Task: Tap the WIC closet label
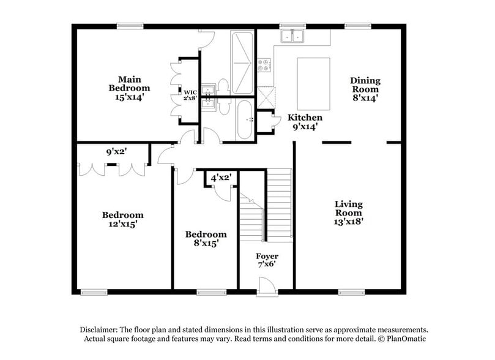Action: [190, 95]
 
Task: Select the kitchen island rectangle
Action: [313, 83]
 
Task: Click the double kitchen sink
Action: [292, 37]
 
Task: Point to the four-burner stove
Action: [264, 64]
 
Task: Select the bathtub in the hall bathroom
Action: [244, 119]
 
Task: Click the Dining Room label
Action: [365, 88]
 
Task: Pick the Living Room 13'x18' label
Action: [348, 212]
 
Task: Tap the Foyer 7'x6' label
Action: [267, 261]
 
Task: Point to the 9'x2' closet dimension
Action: [116, 151]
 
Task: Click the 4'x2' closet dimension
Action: [221, 178]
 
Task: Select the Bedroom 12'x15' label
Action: [122, 219]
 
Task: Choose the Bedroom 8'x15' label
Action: [206, 238]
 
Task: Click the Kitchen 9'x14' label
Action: [305, 122]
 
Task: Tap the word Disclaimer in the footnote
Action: [102, 329]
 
